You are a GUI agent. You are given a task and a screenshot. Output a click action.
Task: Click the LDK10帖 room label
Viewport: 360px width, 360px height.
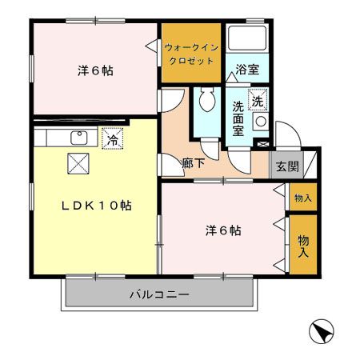97,205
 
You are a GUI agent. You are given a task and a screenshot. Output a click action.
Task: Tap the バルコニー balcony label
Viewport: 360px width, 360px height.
159,295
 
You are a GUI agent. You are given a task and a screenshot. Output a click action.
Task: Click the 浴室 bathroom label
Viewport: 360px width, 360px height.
247,71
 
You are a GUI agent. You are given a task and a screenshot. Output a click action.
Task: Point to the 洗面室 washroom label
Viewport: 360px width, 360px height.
238,118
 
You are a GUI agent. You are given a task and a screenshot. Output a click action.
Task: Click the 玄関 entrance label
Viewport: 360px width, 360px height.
286,166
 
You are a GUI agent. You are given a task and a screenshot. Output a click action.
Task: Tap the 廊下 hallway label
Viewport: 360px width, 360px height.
193,162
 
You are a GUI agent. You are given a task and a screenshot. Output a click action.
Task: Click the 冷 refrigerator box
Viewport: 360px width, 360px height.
112,138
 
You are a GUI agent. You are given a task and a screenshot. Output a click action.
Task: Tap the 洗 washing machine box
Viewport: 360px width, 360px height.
258,102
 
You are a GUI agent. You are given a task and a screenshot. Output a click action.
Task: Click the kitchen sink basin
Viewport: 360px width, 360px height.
78,138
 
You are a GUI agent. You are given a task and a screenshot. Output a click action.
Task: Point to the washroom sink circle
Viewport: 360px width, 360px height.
260,122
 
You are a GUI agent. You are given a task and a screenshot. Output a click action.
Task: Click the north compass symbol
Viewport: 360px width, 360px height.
319,330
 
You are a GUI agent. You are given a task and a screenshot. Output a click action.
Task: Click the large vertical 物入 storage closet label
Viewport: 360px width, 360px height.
303,245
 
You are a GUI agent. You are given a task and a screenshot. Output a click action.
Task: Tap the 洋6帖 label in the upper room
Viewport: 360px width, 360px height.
95,70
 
